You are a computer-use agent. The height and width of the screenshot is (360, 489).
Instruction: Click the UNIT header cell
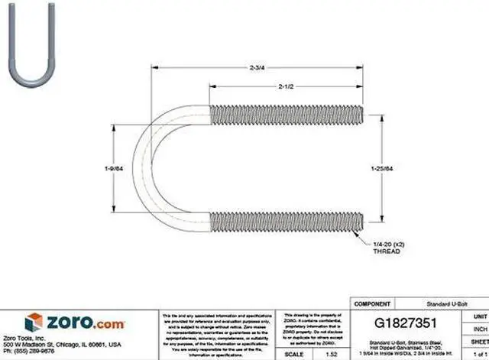[481, 315]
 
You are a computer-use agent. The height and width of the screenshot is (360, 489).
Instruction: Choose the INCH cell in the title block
[481, 329]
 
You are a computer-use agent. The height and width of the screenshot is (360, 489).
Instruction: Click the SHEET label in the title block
[480, 343]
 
